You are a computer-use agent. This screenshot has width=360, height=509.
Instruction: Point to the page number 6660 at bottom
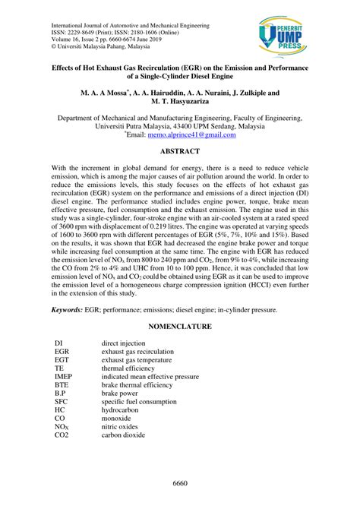179,484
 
